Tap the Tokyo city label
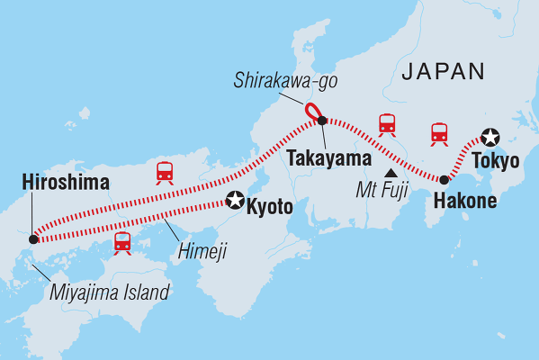(494, 163)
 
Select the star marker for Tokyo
(490, 137)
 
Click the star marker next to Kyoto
(236, 202)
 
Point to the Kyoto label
(271, 206)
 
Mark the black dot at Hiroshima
(33, 239)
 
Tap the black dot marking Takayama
(323, 121)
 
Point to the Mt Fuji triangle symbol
(391, 173)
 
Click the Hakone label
(464, 201)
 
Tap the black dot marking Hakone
(444, 180)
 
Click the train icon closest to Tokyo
(439, 133)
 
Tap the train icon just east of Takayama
(388, 124)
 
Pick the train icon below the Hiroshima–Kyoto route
(123, 241)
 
